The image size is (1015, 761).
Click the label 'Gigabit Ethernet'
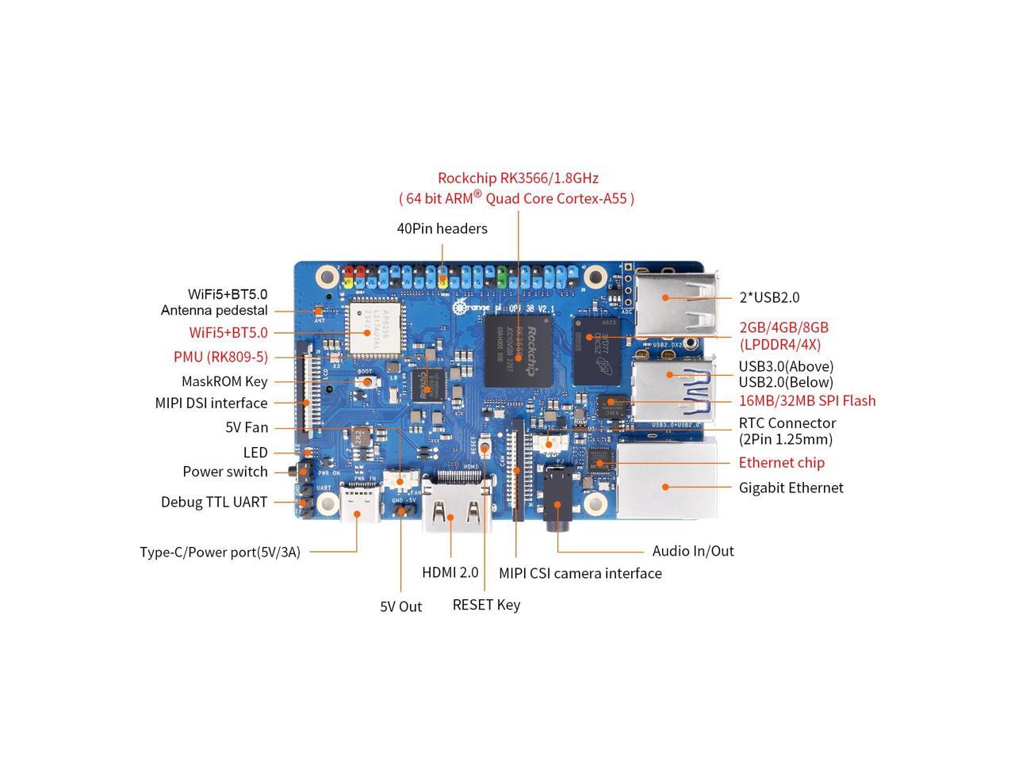coord(791,488)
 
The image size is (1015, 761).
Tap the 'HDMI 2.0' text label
coord(450,572)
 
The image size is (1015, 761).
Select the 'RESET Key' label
coord(486,605)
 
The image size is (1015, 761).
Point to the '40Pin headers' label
coord(442,228)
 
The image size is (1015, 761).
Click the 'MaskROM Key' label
coord(224,381)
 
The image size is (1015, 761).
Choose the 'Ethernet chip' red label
coord(781,462)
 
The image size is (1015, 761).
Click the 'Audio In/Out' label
coord(692,551)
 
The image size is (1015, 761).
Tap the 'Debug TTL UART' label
coord(214,502)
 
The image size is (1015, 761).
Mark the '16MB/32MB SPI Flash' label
coord(807,400)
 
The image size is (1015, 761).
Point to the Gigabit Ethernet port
coord(666,480)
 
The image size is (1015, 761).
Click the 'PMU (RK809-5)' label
coord(220,357)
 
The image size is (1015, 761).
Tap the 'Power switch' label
coord(225,472)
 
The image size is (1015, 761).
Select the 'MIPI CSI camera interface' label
coord(580,573)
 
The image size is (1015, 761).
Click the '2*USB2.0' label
coord(769,297)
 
